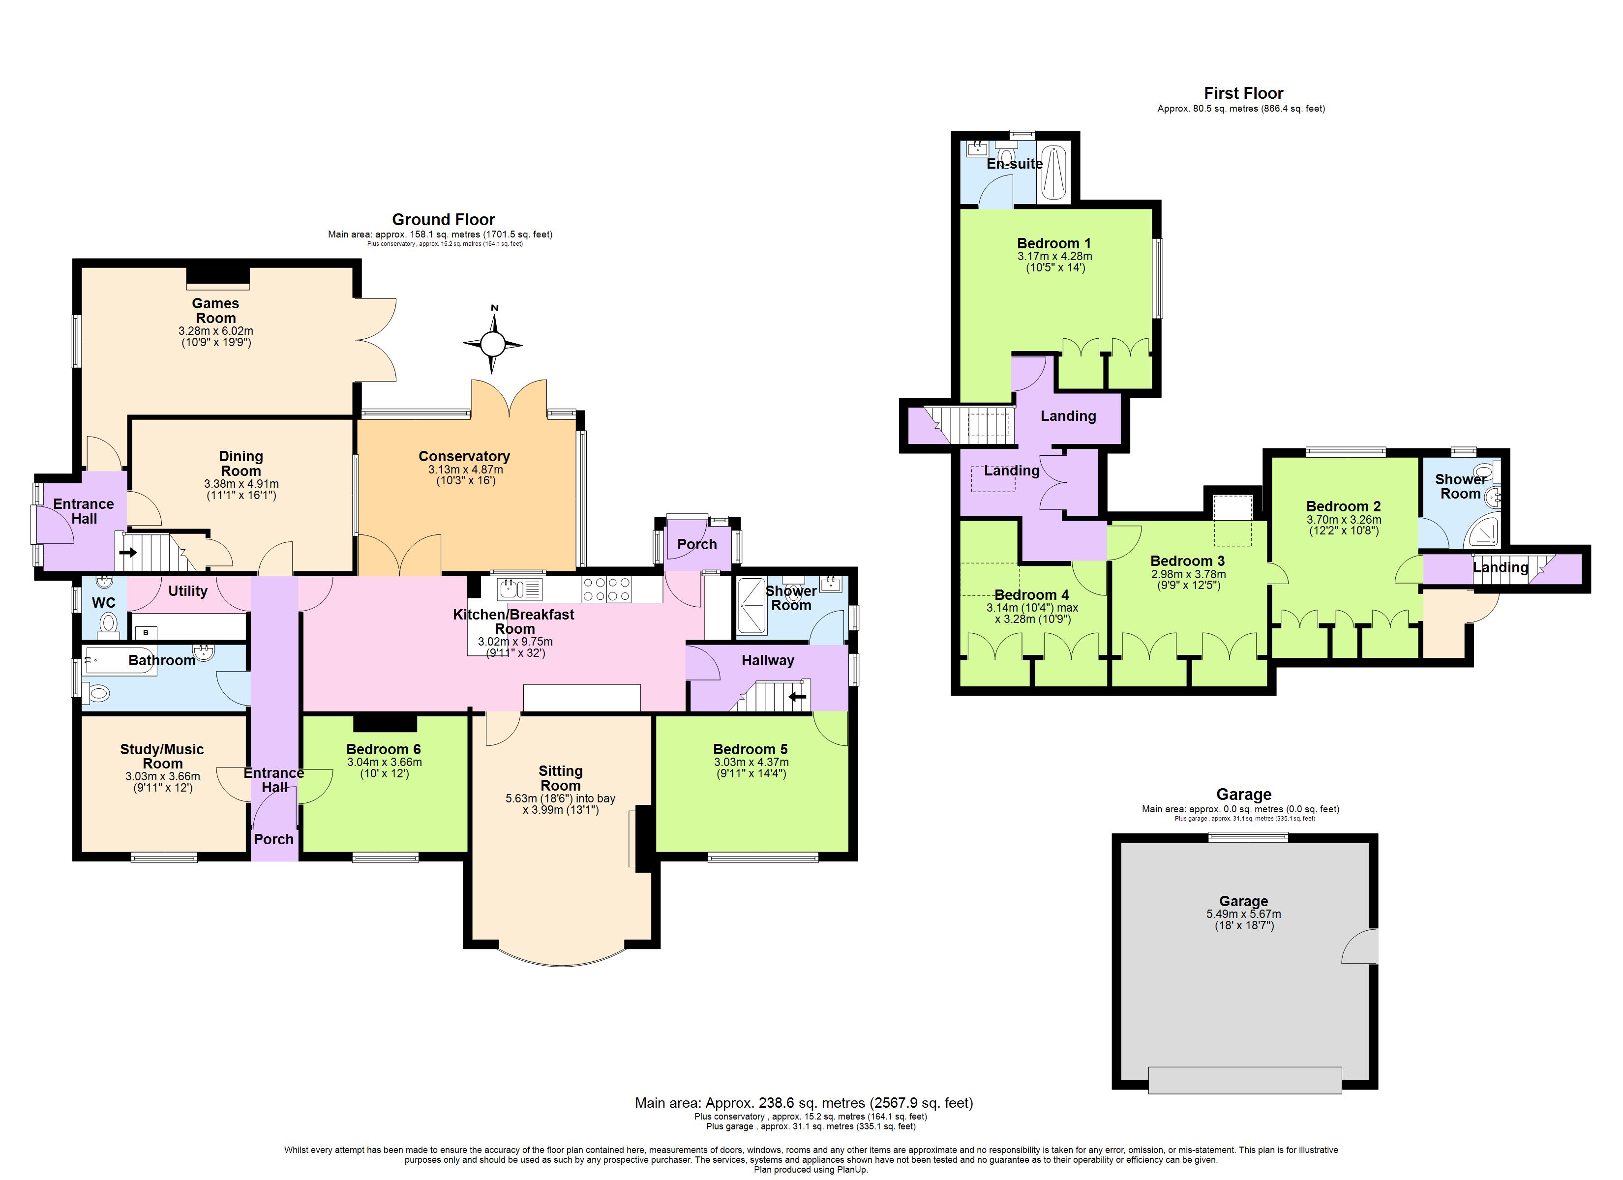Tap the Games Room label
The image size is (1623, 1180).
point(215,311)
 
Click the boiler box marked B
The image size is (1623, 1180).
point(147,633)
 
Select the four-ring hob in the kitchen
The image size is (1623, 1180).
point(606,590)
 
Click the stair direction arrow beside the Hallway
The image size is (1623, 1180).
point(797,696)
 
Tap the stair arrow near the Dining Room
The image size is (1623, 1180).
point(128,553)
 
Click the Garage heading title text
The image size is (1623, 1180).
point(1244,795)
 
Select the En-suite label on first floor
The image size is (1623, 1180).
point(1014,164)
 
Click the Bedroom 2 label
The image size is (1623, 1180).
point(1343,506)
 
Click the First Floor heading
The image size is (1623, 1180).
point(1243,93)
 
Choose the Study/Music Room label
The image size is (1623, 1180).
point(162,756)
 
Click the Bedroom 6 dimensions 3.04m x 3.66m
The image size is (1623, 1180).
point(384,762)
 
